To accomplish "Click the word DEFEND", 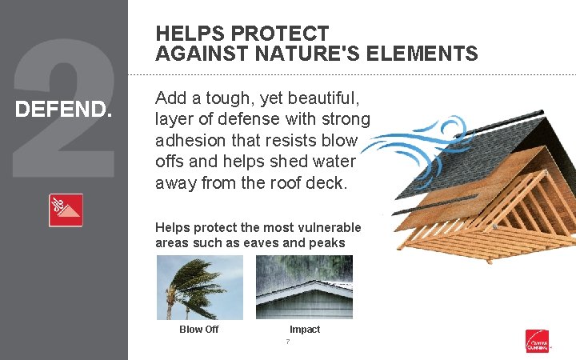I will click(64, 108).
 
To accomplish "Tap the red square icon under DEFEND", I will click(66, 210).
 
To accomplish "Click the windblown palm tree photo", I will click(198, 287).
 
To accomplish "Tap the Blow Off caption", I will click(198, 330).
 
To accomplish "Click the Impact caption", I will click(305, 330).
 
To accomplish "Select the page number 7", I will click(287, 342).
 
